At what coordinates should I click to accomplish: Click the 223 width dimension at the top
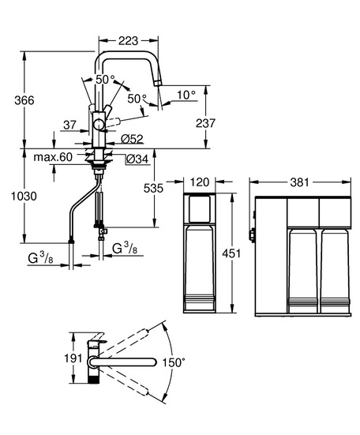[x=128, y=41]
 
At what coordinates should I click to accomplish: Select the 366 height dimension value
[x=24, y=100]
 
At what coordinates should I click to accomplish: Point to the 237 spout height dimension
[x=205, y=123]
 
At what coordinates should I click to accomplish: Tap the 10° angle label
[x=186, y=95]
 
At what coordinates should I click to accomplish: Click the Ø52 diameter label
[x=133, y=139]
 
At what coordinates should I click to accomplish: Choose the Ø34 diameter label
[x=137, y=159]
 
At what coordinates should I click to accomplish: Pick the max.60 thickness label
[x=53, y=157]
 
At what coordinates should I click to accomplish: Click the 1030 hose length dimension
[x=24, y=196]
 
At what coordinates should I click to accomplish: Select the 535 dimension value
[x=153, y=189]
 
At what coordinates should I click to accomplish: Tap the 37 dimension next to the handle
[x=69, y=125]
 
